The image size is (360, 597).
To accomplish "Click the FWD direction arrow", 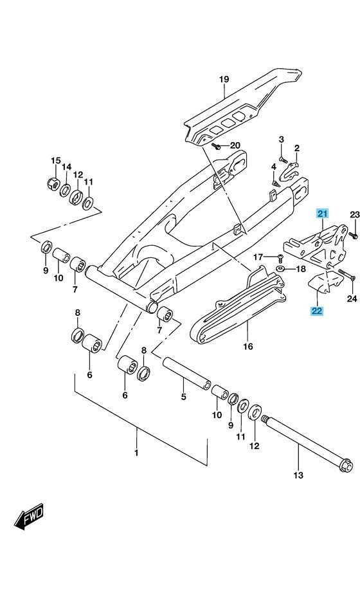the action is (x=29, y=517).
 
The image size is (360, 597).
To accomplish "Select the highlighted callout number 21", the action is (x=322, y=214).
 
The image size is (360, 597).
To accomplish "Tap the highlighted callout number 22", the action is (x=317, y=311).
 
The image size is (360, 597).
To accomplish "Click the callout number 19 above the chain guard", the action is (x=224, y=79).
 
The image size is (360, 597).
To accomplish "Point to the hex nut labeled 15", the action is (x=53, y=184).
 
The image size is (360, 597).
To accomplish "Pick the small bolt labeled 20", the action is (x=216, y=145).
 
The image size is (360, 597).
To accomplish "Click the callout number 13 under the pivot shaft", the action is (x=298, y=475).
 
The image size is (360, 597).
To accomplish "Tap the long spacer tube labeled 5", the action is (x=187, y=372).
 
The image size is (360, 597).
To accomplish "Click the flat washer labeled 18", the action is (x=281, y=269).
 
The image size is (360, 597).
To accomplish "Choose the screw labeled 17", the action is (x=280, y=258).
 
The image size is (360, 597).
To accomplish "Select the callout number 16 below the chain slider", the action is (x=248, y=346).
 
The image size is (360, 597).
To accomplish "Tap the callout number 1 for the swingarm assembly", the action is (x=136, y=453).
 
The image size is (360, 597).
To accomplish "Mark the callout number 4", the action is (x=274, y=167).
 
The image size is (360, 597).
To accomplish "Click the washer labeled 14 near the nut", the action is (x=65, y=189).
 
